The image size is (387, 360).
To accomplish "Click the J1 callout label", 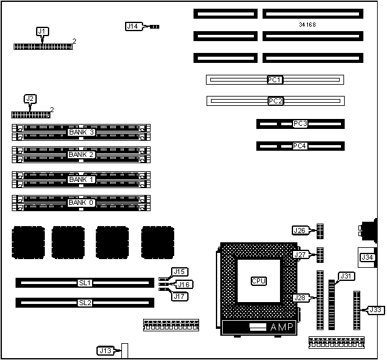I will (42, 31).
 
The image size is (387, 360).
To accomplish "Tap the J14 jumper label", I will (133, 26).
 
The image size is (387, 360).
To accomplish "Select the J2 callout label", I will (30, 98).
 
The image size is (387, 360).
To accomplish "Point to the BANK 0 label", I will (81, 202).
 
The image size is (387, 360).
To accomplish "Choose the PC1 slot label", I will (275, 80).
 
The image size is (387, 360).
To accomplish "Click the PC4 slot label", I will (300, 146).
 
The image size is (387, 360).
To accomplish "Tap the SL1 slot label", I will (85, 283).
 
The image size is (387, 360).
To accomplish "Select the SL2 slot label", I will (85, 303).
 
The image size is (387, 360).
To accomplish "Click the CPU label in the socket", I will (259, 281).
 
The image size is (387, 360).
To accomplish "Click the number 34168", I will (308, 26).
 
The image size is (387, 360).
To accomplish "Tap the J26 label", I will (300, 230).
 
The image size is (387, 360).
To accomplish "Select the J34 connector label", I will (367, 257).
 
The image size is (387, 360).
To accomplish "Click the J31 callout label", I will (345, 276).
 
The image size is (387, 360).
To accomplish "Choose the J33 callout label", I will (375, 310).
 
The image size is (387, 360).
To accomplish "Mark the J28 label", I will (300, 298).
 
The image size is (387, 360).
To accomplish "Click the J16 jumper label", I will (184, 285).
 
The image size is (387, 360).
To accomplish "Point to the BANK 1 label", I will (81, 179).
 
